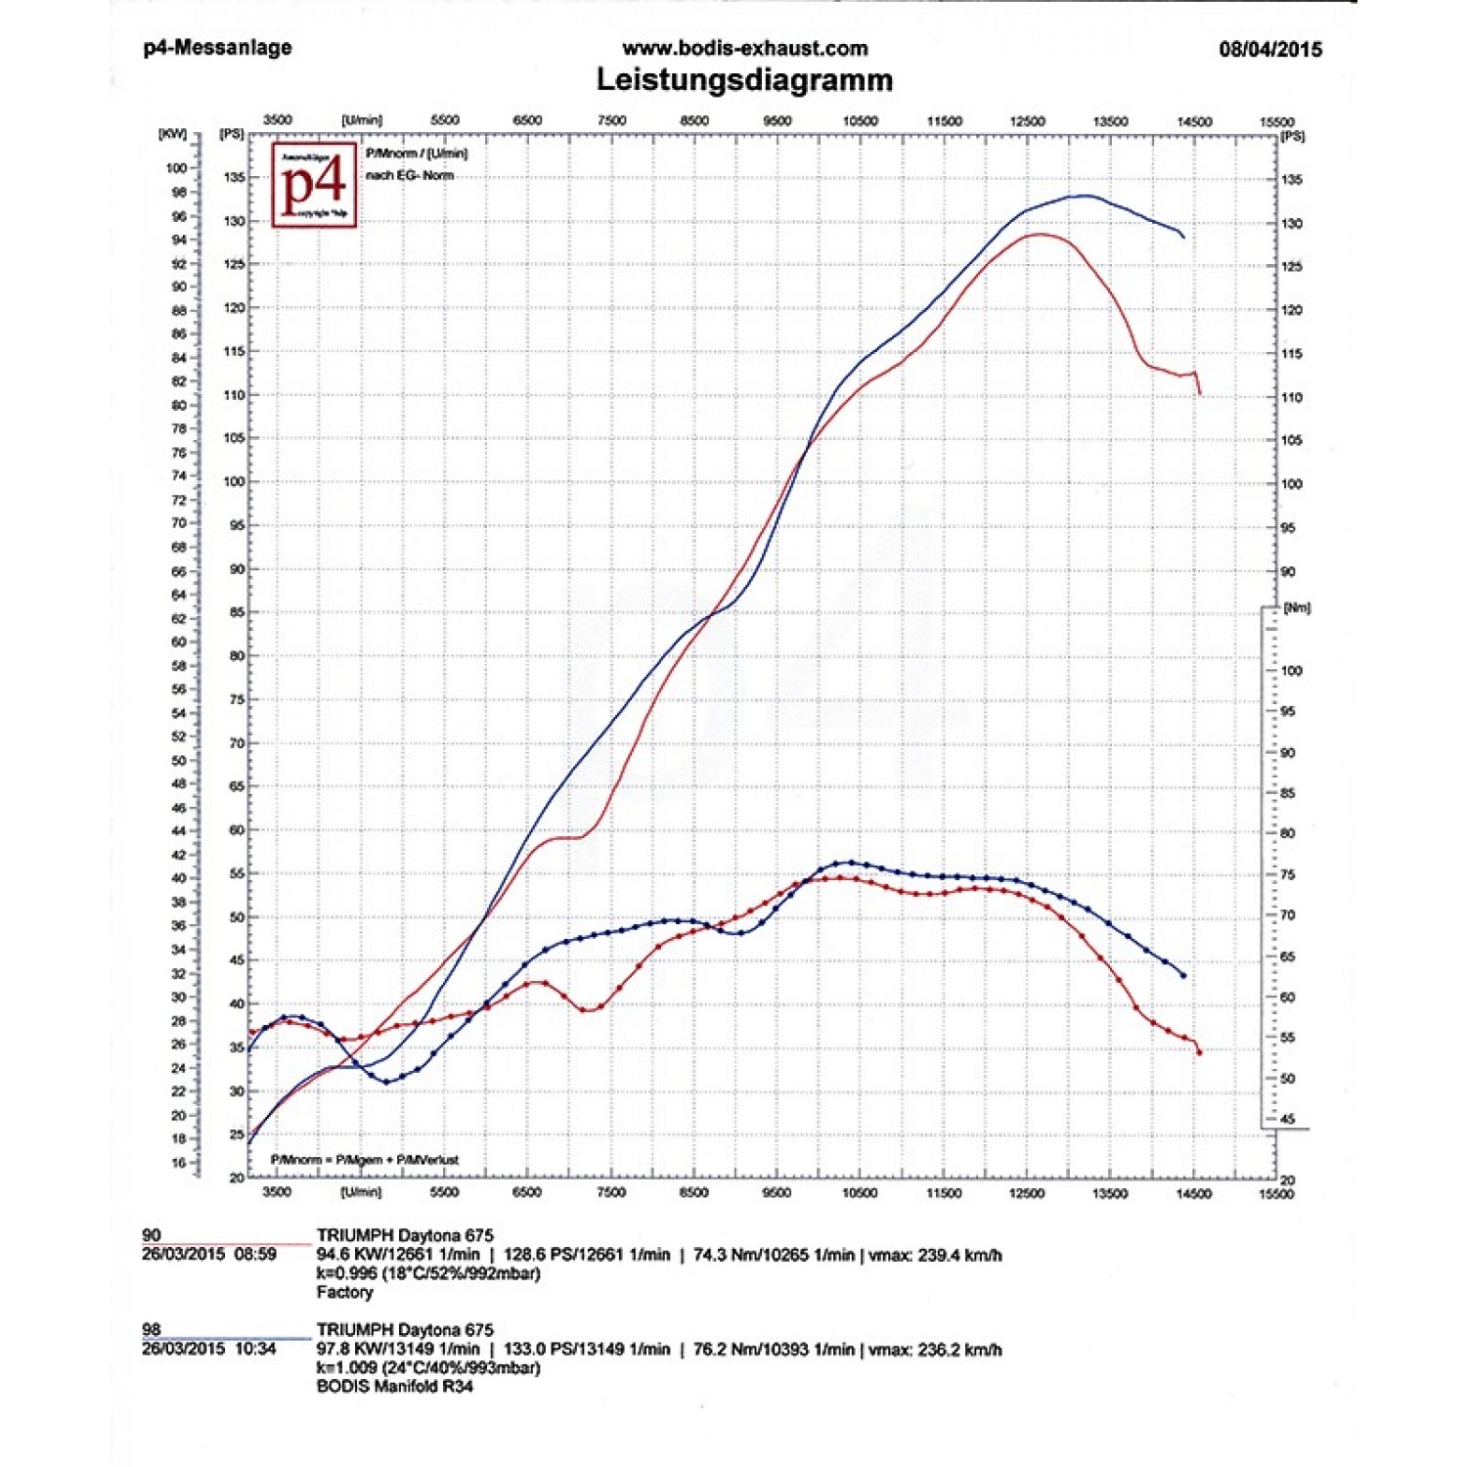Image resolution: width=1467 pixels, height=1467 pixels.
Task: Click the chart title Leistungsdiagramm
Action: coord(744,79)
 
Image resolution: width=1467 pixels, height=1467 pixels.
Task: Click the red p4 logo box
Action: coord(313,185)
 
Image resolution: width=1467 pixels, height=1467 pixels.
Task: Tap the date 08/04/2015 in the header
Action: coord(1269,49)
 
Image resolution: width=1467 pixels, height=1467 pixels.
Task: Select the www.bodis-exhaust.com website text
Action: coord(744,48)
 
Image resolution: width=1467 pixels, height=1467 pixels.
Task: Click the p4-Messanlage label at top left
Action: coord(217,47)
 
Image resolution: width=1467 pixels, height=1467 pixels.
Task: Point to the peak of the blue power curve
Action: coord(1084,196)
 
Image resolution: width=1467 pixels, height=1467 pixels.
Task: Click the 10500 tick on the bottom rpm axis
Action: coord(860,1193)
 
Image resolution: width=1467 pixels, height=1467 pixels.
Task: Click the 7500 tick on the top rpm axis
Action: coord(611,120)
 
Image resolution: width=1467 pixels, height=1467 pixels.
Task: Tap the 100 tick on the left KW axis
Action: coord(176,168)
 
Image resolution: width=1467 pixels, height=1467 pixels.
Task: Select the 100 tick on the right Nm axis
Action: coord(1291,671)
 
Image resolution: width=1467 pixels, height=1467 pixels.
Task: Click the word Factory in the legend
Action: coord(344,1292)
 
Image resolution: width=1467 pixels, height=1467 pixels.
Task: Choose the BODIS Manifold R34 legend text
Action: coord(394,1386)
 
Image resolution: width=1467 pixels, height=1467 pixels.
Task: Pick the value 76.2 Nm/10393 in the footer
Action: coord(748,1350)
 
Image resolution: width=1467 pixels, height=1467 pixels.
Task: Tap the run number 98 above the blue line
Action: coord(152,1329)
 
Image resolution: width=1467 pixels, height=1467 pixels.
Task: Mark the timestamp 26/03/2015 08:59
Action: coord(209,1254)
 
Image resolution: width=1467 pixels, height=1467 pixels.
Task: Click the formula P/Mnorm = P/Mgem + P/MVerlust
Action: coord(364,1160)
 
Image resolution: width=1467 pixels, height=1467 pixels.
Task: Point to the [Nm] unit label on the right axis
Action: coord(1297,608)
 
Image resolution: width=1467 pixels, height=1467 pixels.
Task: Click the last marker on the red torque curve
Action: coord(1199,1052)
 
